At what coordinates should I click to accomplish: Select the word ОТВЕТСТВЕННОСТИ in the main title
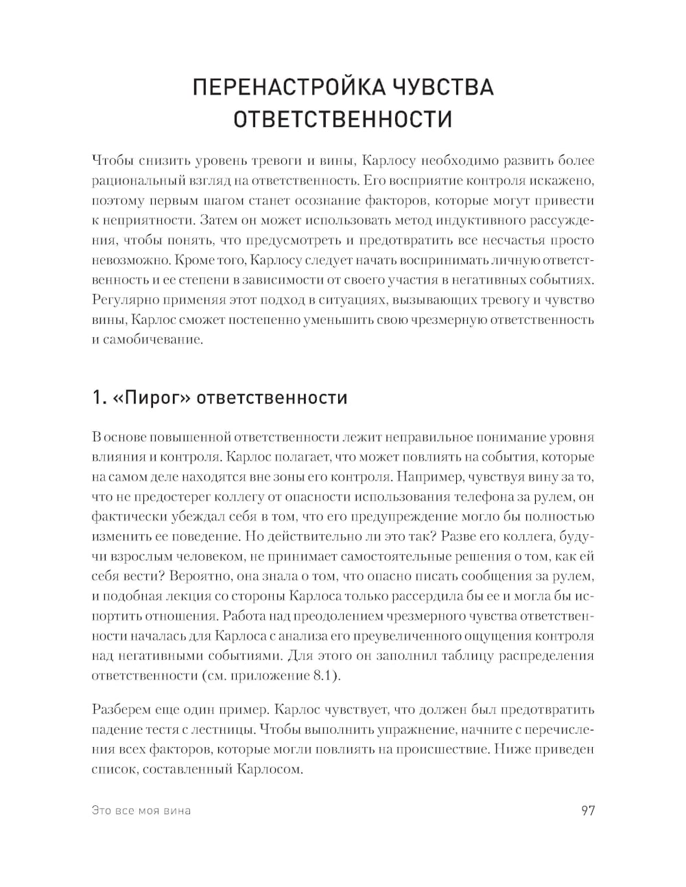click(343, 119)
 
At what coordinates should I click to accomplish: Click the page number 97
click(588, 810)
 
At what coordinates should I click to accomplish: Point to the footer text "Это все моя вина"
click(141, 811)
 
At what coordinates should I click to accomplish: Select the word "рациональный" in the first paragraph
click(130, 181)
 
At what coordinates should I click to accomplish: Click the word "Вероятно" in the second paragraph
click(204, 576)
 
